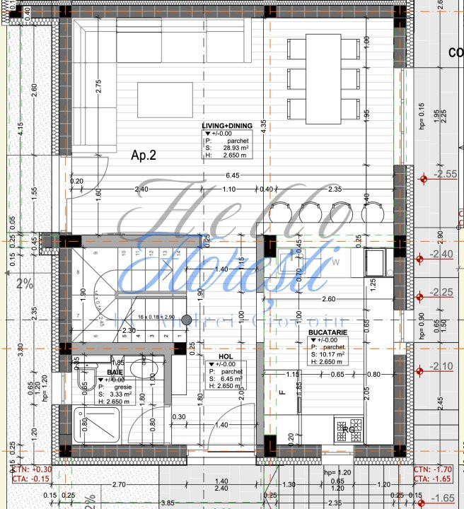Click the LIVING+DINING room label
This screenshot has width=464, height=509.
click(226, 126)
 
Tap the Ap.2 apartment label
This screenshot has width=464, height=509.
click(143, 156)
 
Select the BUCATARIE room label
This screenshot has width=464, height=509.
click(327, 332)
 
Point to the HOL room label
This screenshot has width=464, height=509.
click(225, 357)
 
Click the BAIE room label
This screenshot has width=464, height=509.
click(115, 371)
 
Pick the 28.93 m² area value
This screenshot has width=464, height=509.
click(234, 148)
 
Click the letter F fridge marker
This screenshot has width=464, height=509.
click(282, 391)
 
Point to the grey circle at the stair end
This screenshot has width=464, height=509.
click(187, 320)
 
